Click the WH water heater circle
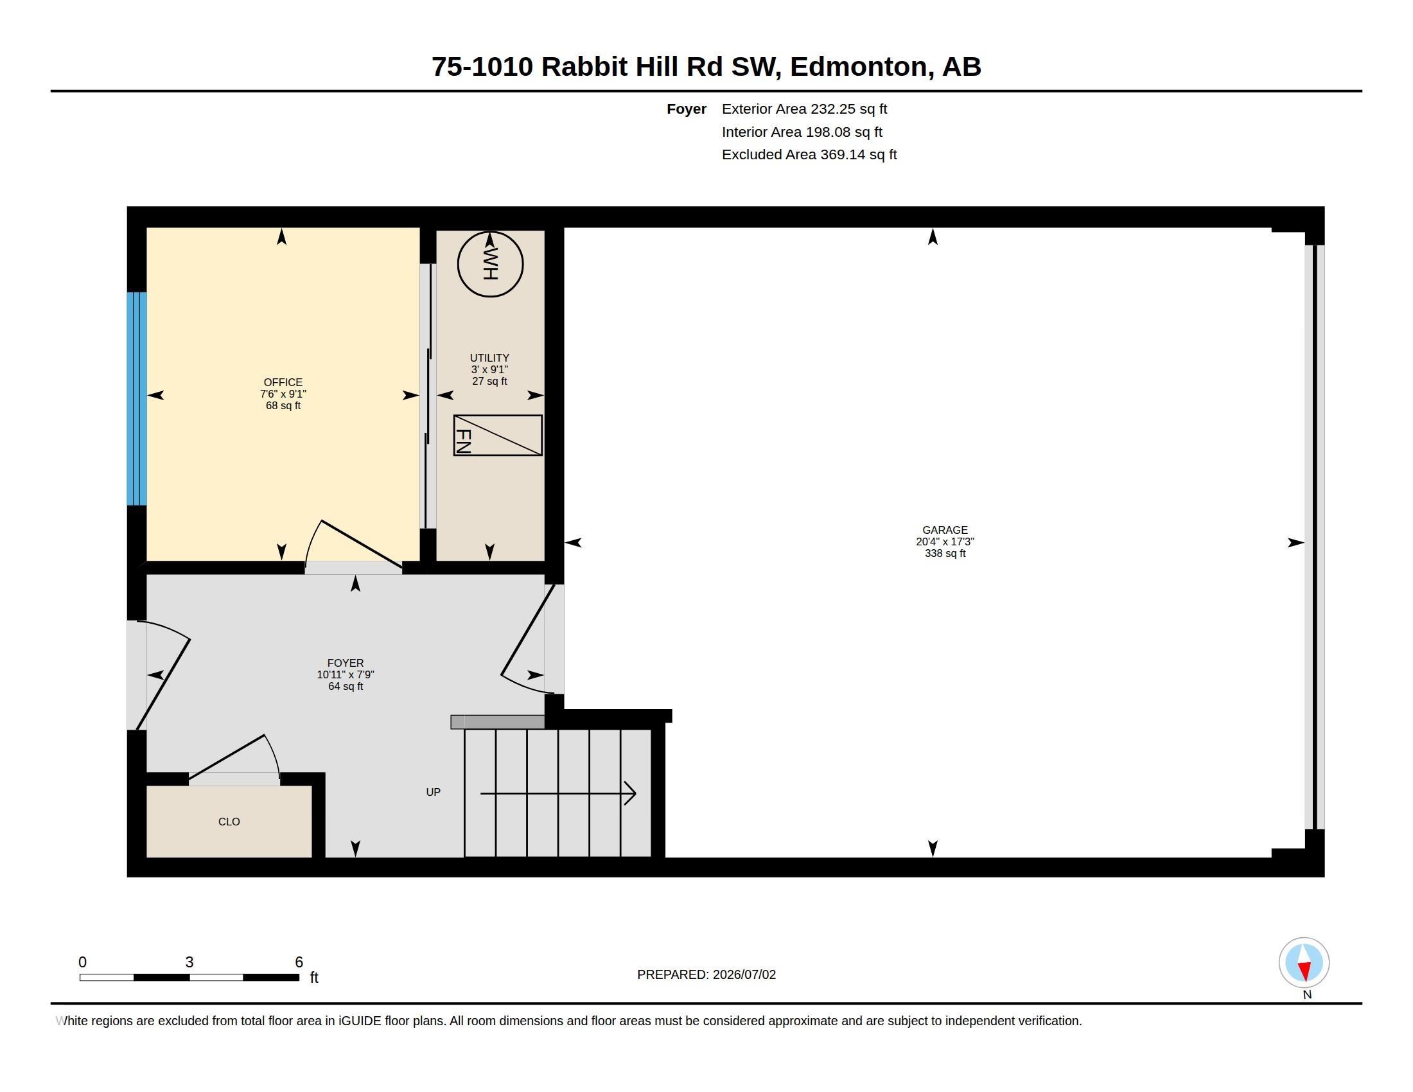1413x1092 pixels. click(x=490, y=265)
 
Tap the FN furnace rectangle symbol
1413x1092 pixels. click(x=498, y=436)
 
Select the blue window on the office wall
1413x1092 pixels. click(x=137, y=398)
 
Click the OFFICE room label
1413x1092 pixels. click(x=283, y=382)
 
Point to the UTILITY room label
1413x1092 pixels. click(x=489, y=358)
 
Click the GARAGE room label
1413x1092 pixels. click(x=945, y=530)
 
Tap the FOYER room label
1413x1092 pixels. click(x=346, y=663)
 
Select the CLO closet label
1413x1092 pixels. click(x=229, y=822)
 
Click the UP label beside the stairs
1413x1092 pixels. click(x=433, y=792)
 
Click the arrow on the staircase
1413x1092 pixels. click(x=558, y=793)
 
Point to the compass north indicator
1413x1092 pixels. click(x=1304, y=964)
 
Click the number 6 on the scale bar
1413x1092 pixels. click(x=299, y=962)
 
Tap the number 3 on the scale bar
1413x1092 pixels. click(x=189, y=962)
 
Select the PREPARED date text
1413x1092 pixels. click(x=706, y=974)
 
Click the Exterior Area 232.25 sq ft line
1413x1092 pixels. click(x=804, y=109)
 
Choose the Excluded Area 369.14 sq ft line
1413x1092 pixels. click(x=809, y=155)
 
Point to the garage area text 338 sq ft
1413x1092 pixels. click(x=945, y=554)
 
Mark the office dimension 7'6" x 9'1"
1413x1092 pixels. click(x=283, y=394)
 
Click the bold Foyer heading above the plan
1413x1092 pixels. click(x=687, y=109)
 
